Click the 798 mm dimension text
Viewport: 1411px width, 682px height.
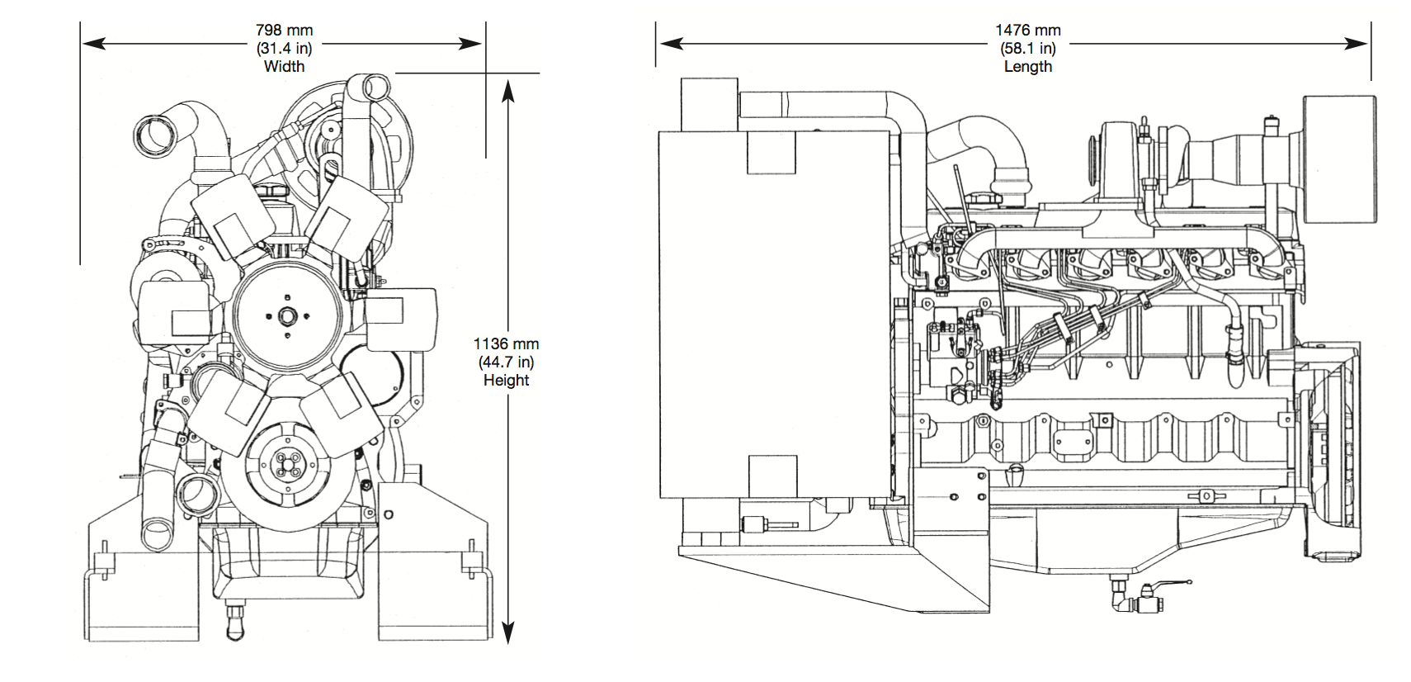coord(284,31)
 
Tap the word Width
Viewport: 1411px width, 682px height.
coord(284,66)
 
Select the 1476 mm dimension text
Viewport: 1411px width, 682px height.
coord(1028,31)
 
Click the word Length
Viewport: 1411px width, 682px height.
coord(1028,66)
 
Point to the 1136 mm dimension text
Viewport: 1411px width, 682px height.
coord(507,344)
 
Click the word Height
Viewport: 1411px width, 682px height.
coord(507,380)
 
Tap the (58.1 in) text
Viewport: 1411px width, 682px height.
coord(1028,48)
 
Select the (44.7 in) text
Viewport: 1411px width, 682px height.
coord(507,362)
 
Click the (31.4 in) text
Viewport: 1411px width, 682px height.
coord(284,48)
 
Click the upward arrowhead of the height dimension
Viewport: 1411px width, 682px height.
coord(508,91)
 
